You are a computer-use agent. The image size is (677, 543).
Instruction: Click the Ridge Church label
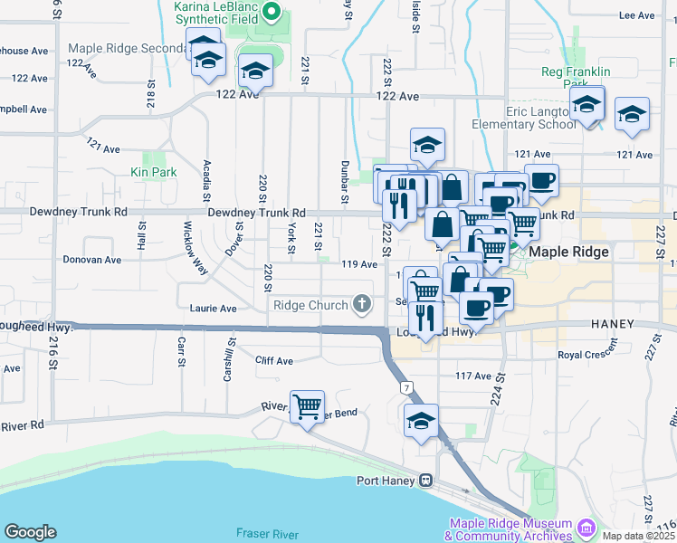click(309, 305)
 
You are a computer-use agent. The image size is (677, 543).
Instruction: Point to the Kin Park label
click(152, 171)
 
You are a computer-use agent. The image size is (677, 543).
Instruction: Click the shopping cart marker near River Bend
click(307, 405)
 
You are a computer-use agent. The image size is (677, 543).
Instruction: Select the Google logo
click(30, 532)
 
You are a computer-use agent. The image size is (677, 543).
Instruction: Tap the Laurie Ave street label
click(213, 308)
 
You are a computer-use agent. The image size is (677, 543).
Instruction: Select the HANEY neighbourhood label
click(618, 323)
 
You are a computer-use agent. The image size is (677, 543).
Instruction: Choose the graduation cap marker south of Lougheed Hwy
click(422, 422)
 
